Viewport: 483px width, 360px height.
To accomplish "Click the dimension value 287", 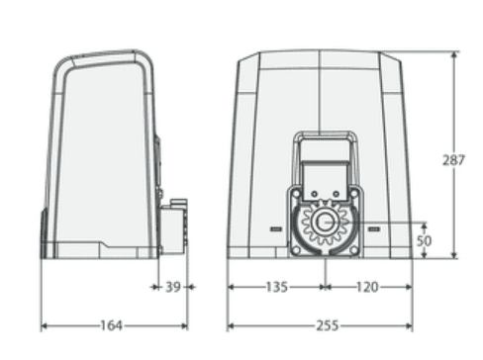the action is coord(453,160).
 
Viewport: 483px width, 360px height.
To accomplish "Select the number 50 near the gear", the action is coord(424,240).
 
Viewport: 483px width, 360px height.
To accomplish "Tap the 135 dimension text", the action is coord(277,287).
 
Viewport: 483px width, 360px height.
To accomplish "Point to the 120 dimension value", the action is coord(367,287).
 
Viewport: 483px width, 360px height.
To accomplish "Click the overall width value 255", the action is coord(328,325).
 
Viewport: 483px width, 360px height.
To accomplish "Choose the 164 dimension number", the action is coord(112,325).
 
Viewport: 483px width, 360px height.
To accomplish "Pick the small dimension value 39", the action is coord(173,287).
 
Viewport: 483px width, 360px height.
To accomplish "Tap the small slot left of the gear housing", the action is coord(276,228).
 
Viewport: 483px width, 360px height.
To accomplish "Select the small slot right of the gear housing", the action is coord(374,228).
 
